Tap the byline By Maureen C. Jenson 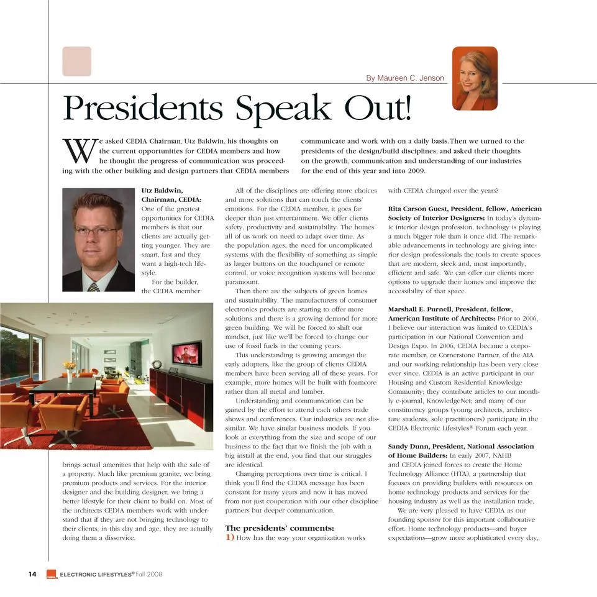point(405,78)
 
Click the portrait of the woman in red point(475,78)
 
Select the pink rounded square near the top point(77,62)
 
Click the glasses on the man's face point(96,231)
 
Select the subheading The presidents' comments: point(280,528)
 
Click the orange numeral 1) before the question point(230,538)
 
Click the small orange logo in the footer point(52,575)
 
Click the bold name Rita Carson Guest point(422,209)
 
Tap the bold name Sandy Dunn point(407,447)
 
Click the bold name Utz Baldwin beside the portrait point(162,191)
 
